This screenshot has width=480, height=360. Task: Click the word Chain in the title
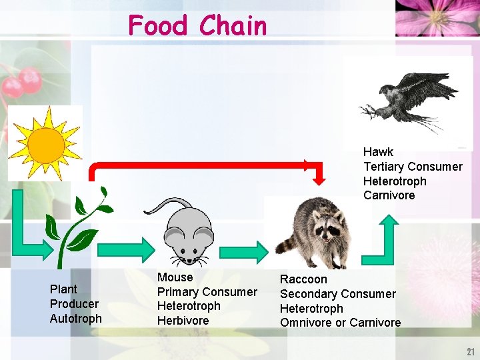point(233,26)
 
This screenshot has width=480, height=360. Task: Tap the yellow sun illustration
point(45,142)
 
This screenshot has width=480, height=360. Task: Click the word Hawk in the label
point(378,152)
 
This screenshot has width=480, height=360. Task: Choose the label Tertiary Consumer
point(413,167)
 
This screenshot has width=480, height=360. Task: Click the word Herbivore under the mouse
point(183,321)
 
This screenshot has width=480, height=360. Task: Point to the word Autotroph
point(76,319)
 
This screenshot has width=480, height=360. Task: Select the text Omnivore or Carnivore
point(340,323)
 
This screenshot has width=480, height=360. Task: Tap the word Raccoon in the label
point(303,279)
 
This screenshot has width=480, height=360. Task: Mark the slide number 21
point(470,352)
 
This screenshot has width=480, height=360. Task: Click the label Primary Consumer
point(207,292)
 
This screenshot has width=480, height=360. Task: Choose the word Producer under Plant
point(74,304)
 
